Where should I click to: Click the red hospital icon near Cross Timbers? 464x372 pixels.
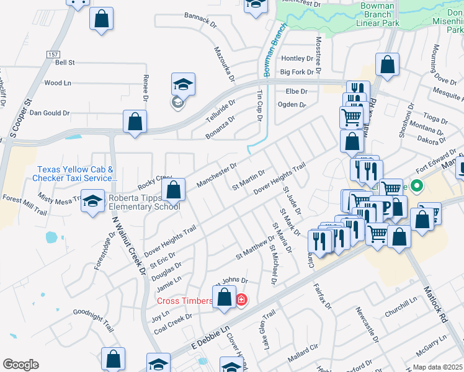[x=241, y=301]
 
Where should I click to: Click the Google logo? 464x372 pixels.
[x=20, y=365]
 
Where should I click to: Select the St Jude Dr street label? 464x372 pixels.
[x=292, y=201]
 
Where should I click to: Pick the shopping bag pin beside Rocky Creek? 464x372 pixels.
[x=174, y=189]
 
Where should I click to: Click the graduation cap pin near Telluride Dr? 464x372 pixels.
[x=183, y=85]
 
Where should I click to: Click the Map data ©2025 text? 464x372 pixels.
[x=437, y=367]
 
